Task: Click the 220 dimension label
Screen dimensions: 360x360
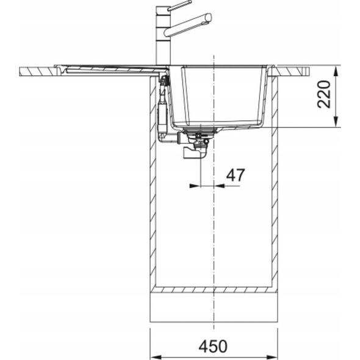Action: tap(324, 94)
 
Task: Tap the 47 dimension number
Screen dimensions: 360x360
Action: tap(236, 175)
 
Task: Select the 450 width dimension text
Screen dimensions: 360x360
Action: tap(213, 346)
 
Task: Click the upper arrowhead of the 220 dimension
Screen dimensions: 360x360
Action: tap(336, 71)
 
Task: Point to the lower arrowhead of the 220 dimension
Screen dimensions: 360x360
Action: tap(336, 121)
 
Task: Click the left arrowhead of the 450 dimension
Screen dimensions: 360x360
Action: tap(156, 358)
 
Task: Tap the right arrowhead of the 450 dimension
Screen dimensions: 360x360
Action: tap(272, 358)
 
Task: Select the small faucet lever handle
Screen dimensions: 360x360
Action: tap(179, 5)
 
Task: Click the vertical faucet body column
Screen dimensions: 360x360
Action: tap(164, 36)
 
